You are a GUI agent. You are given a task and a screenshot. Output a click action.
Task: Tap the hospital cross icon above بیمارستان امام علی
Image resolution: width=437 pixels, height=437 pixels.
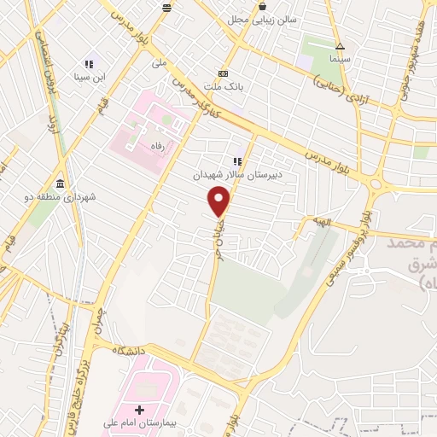click(140, 411)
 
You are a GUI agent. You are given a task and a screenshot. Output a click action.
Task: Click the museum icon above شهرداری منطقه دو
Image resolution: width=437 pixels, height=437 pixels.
click(59, 184)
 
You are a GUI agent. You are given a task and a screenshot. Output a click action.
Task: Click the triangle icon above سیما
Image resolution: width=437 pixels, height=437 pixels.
click(340, 46)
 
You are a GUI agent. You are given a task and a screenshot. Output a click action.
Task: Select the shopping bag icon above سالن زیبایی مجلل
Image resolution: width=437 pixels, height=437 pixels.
click(261, 7)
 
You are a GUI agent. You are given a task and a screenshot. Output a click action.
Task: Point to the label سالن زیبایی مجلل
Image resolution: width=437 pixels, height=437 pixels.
click(261, 20)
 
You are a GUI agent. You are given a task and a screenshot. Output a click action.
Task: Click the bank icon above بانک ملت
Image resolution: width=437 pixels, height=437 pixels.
click(224, 73)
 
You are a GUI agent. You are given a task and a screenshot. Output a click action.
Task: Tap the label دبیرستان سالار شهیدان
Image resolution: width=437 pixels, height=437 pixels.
click(236, 173)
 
